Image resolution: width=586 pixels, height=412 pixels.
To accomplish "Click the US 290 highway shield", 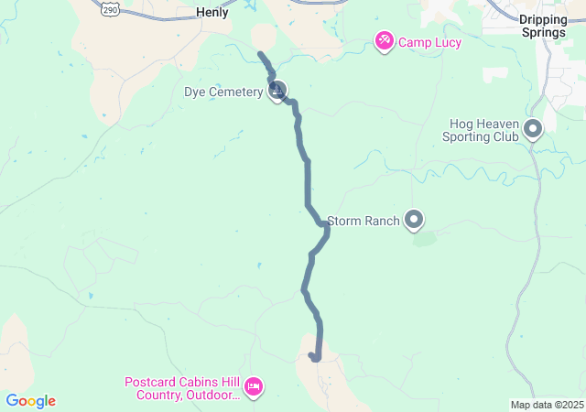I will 110,7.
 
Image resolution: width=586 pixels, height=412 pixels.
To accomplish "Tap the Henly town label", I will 212,13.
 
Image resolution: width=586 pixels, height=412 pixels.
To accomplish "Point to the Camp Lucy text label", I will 429,42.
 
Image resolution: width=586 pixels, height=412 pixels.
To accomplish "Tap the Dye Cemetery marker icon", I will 277,91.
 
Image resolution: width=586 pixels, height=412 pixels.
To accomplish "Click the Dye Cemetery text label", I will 222,92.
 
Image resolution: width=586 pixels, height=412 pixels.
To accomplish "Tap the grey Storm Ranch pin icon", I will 415,219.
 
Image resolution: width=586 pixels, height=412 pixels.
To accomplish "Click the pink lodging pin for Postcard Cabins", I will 255,387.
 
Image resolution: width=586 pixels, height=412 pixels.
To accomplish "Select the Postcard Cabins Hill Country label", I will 183,388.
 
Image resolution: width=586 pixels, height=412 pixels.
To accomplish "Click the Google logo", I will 30,401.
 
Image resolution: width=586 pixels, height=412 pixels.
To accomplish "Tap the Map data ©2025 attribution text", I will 547,405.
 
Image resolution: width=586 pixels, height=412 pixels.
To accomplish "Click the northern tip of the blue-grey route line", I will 261,55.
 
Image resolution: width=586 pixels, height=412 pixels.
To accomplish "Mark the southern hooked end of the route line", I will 312,355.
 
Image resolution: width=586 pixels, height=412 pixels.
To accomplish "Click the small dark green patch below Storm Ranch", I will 423,239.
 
